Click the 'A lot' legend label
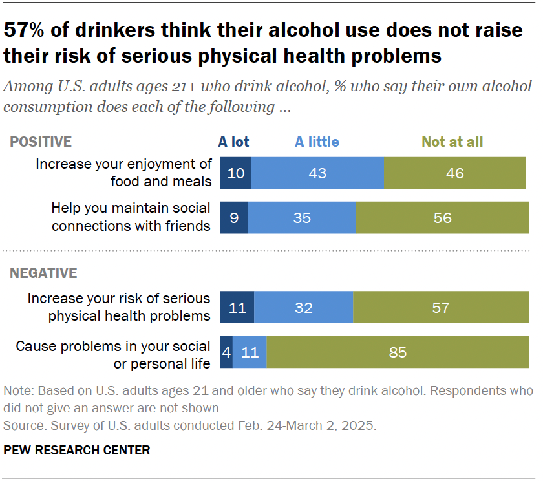[x=233, y=142]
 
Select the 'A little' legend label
[x=317, y=142]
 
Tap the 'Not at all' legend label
[x=452, y=142]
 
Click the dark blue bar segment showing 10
[x=235, y=173]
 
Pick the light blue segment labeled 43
[x=317, y=173]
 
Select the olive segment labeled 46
[x=454, y=173]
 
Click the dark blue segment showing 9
[x=234, y=217]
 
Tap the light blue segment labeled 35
[x=302, y=217]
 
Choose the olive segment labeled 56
[x=442, y=217]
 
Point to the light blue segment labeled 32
[x=303, y=307]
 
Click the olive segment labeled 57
[x=441, y=307]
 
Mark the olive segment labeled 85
[x=398, y=352]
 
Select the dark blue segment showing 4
[x=226, y=352]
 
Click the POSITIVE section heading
[x=40, y=142]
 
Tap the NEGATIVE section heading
[x=43, y=273]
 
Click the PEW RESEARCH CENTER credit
[x=76, y=450]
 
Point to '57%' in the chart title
[x=30, y=30]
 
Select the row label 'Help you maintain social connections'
[x=131, y=217]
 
